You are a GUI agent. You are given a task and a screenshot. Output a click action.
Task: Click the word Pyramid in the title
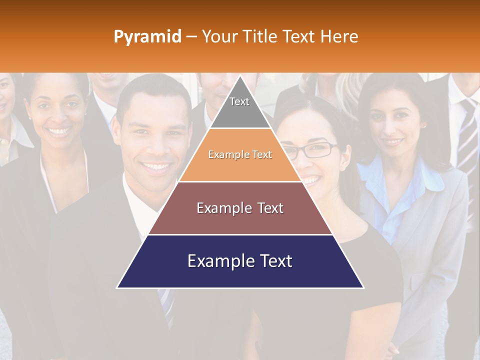point(147,37)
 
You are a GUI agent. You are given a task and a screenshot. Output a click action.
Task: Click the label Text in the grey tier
point(239,101)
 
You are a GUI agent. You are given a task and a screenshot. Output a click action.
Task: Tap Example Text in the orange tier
point(240,154)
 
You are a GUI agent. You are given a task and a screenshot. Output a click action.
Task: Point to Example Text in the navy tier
point(240,261)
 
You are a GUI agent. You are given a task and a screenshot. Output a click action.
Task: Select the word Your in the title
point(218,36)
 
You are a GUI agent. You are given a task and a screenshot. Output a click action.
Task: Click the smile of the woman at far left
point(59,132)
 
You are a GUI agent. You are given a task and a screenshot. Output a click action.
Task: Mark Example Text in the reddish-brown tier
point(240,208)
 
